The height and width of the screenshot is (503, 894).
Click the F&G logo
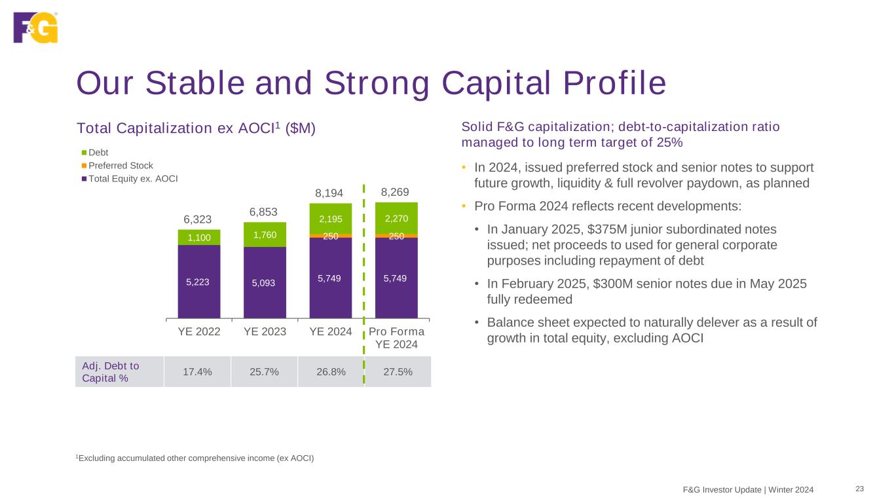point(35,27)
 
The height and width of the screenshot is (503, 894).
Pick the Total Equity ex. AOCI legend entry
point(129,178)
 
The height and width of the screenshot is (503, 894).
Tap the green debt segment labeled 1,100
point(199,238)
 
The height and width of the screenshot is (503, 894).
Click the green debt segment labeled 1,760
point(265,234)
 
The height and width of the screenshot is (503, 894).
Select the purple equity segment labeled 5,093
point(265,283)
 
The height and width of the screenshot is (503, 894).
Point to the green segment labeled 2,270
point(396,217)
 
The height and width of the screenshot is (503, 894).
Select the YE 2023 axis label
point(265,331)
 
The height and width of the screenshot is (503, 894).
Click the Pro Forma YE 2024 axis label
point(397,338)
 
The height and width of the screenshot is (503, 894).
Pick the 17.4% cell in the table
point(197,372)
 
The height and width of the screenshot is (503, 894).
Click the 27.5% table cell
point(396,372)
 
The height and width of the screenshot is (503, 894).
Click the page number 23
point(860,489)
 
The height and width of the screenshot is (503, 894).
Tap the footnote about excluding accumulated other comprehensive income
point(195,458)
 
